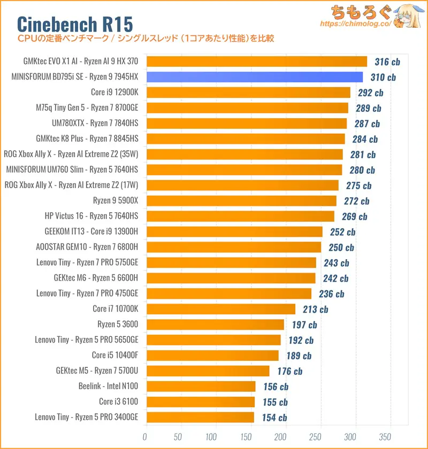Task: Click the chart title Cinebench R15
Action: coord(75,24)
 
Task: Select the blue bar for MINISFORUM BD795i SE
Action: coord(254,77)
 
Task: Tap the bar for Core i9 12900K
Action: coord(248,92)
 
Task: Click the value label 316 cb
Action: coord(387,62)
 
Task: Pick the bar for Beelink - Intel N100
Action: coord(200,386)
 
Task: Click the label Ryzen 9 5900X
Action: coord(116,201)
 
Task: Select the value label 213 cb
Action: coord(316,309)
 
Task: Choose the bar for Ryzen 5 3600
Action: coord(215,324)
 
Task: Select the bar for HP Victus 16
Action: coord(240,216)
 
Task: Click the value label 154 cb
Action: coord(274,417)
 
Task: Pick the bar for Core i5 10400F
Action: coord(212,355)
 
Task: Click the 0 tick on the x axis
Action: coord(145,437)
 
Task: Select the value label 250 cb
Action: coord(341,247)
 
